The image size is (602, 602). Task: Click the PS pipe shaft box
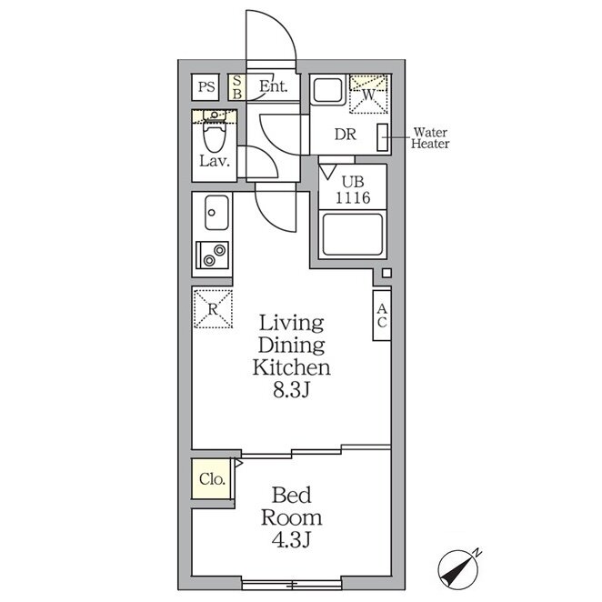point(206,87)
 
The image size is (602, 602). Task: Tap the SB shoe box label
point(237,87)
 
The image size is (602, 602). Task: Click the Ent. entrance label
point(274,86)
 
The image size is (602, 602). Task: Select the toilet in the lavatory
point(215,132)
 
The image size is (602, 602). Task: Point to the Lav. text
point(215,161)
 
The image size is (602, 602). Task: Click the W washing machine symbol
point(368,95)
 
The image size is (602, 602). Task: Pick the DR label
point(346,135)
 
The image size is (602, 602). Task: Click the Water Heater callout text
point(430,138)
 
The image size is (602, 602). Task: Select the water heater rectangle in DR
point(383,137)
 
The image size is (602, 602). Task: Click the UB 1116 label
point(353,190)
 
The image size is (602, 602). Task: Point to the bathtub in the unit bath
point(353,235)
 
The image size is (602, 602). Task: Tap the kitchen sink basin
point(216,212)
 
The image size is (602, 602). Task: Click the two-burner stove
point(212,255)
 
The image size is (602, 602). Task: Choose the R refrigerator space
point(213,309)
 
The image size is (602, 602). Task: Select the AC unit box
point(382,316)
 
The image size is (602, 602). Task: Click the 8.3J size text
point(291,390)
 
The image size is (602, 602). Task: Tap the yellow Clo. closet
point(211,478)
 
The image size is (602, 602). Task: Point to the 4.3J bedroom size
point(291,540)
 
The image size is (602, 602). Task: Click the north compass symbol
point(459,570)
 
